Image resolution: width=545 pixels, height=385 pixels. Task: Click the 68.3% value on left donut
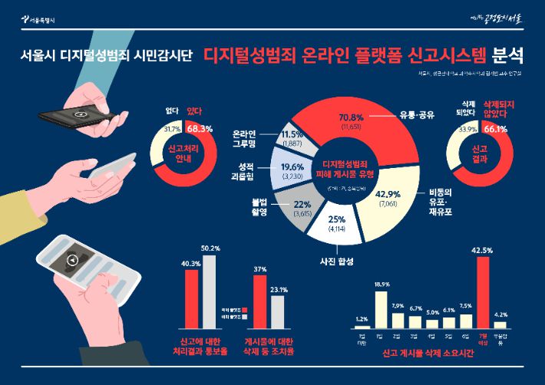[200, 129]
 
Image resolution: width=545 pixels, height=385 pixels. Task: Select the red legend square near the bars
[244, 283]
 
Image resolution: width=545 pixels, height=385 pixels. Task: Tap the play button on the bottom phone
[72, 258]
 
